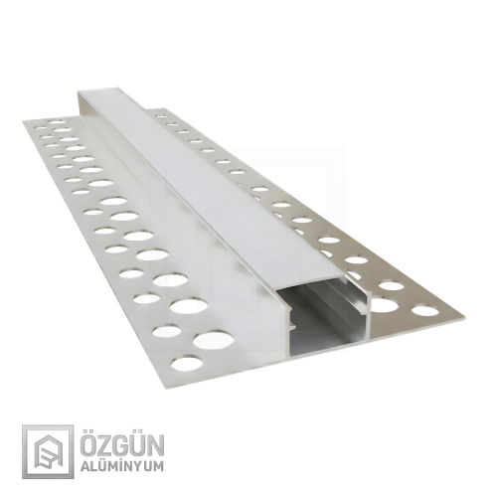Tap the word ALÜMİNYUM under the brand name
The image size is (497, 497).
(119, 463)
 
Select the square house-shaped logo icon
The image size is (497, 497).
(45, 450)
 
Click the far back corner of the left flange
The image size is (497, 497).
(27, 120)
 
